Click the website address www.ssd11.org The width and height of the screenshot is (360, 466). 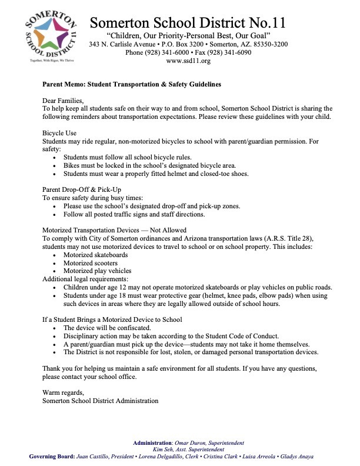188,61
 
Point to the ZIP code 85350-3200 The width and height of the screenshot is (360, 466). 268,44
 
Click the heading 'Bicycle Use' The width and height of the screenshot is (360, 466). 60,134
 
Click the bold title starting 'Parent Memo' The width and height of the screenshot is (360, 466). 132,84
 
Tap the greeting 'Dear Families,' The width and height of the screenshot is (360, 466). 63,101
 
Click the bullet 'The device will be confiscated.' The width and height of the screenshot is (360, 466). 108,327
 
